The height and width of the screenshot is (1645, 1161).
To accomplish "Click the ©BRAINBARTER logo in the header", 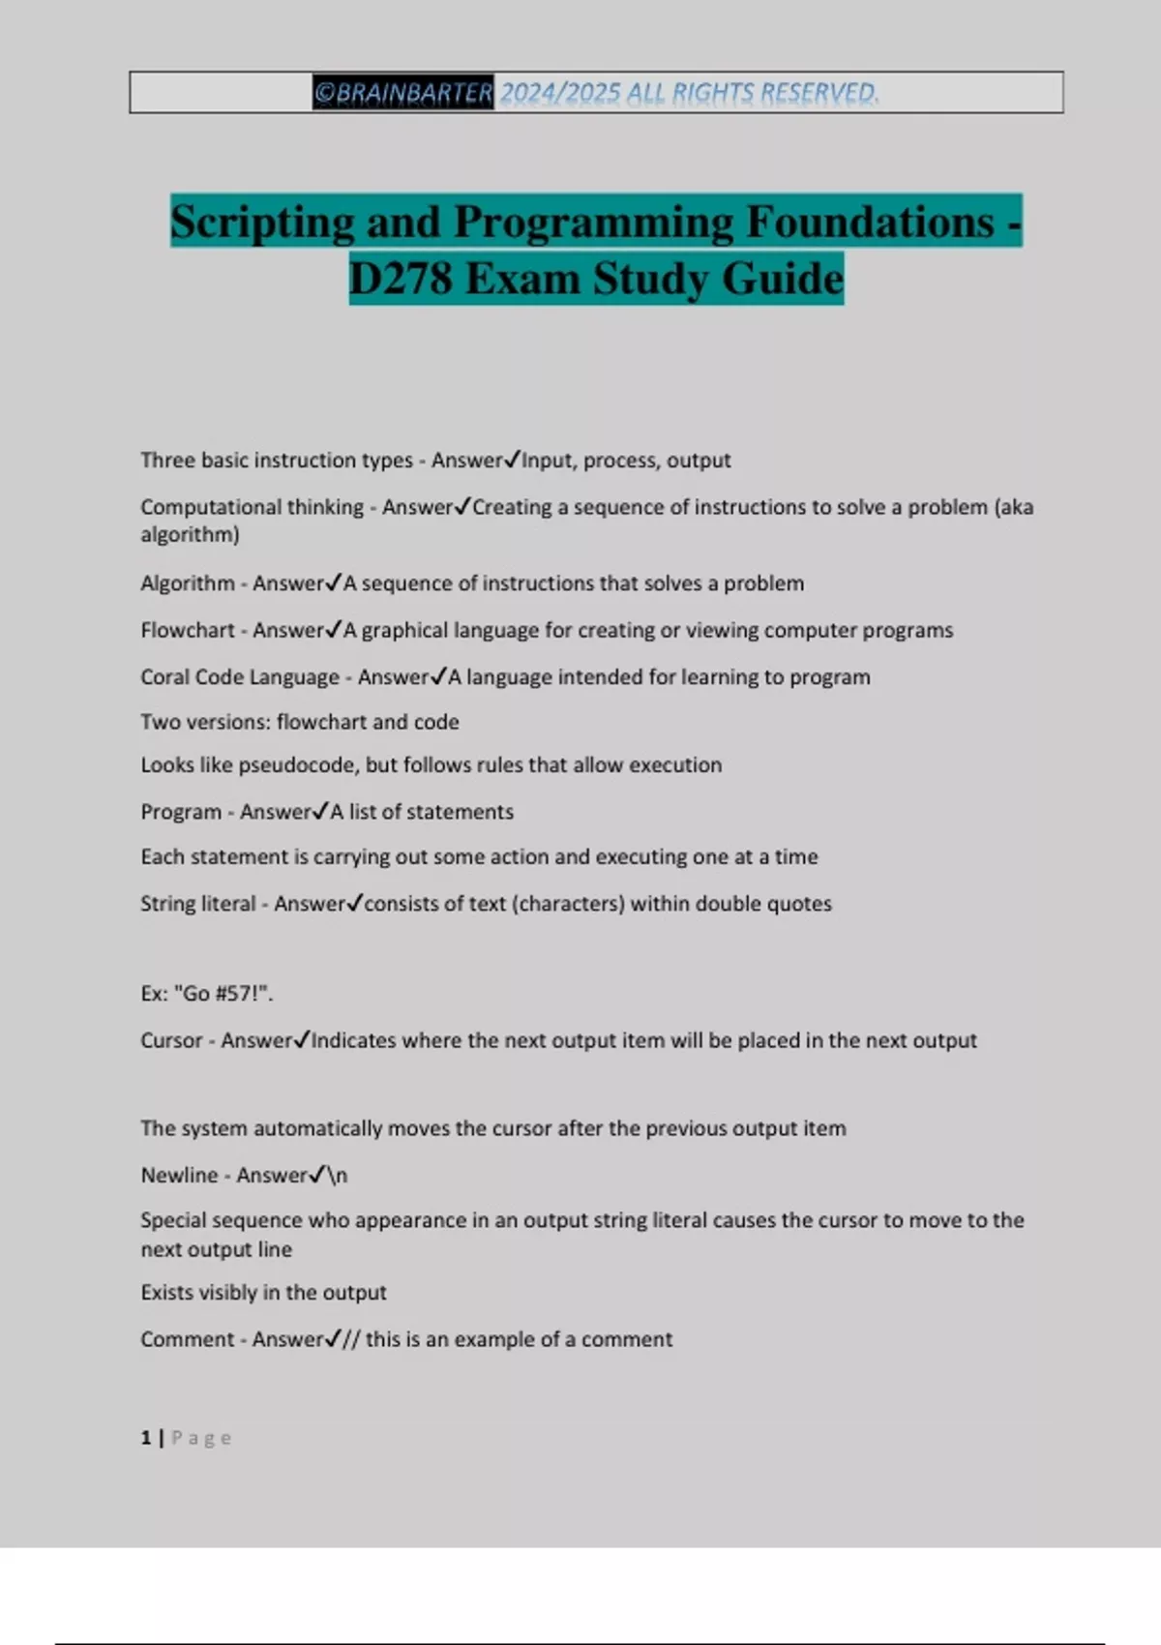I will [x=402, y=93].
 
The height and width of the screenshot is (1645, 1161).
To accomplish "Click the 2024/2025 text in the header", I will [x=560, y=93].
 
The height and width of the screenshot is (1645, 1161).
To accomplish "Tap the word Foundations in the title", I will [x=869, y=222].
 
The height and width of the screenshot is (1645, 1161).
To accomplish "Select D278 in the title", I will [x=401, y=279].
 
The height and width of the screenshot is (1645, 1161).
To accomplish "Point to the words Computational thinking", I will [x=252, y=507].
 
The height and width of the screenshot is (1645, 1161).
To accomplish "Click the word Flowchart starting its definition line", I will [x=188, y=630].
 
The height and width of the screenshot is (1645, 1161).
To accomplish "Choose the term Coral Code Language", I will [x=240, y=677].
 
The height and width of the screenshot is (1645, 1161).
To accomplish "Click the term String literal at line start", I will [x=198, y=904].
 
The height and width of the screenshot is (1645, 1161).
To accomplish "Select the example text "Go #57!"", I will [x=223, y=994].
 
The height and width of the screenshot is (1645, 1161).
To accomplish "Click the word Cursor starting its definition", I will [x=171, y=1041].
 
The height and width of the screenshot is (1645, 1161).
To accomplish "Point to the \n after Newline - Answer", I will [x=338, y=1176].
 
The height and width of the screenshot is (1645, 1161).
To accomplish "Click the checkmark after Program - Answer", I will [x=321, y=811].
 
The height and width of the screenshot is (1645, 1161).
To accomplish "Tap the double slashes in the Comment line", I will [x=351, y=1339].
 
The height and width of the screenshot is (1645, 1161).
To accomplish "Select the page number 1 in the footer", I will [x=146, y=1438].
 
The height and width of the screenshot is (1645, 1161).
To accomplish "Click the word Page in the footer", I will [x=201, y=1438].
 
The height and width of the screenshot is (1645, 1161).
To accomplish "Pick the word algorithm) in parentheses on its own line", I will [x=190, y=534].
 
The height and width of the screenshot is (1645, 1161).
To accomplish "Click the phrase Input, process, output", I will [x=626, y=461].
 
